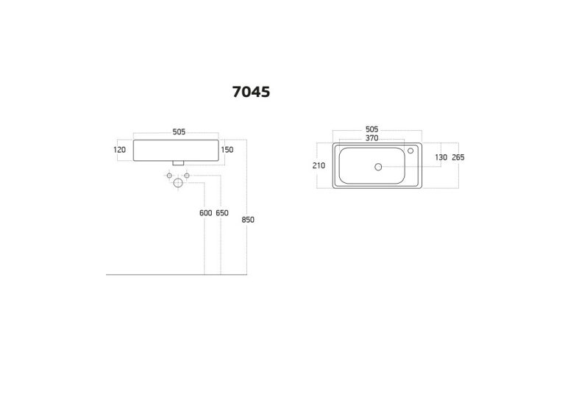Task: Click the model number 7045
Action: point(251,92)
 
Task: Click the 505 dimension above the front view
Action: point(179,132)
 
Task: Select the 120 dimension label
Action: point(120,150)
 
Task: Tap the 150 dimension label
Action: point(227,150)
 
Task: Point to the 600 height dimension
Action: point(206,213)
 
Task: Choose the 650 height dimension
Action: point(222,213)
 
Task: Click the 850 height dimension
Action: point(248,220)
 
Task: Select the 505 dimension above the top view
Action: point(372,129)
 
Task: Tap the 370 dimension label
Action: point(372,138)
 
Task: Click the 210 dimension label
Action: point(319,165)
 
